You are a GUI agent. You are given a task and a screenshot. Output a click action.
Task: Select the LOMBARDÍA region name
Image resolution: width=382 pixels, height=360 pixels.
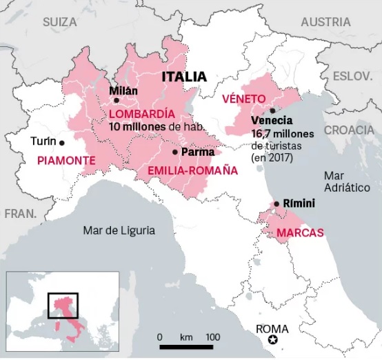click(141, 113)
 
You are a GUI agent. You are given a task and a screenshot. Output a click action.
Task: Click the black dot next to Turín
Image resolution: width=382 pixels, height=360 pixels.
click(62, 143)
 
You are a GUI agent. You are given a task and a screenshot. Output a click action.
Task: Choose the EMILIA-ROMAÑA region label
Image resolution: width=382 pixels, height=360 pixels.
click(188, 169)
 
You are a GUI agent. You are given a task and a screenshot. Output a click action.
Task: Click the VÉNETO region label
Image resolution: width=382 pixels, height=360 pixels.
click(243, 99)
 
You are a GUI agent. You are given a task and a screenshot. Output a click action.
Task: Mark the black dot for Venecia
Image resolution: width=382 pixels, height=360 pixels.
click(273, 110)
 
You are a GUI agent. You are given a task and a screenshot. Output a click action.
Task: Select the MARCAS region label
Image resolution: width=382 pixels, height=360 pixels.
click(300, 232)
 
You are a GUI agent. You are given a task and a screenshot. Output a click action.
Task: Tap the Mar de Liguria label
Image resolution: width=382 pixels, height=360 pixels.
click(118, 230)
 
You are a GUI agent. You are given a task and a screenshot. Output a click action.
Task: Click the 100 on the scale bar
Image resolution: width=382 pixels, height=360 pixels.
click(212, 337)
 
